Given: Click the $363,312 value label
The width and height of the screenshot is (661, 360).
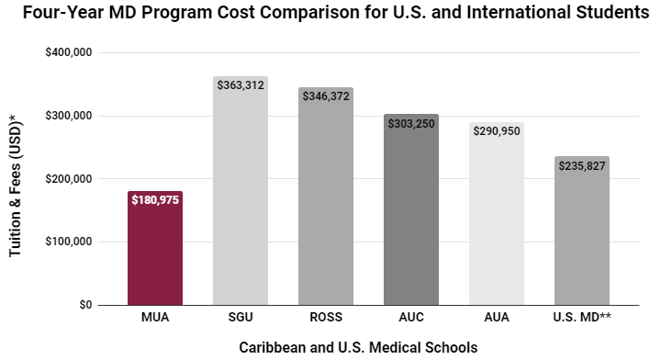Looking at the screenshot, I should pos(241,84).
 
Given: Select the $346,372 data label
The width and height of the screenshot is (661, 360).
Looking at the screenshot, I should pos(326,96).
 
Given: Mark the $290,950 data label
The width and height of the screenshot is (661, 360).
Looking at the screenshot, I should pos(496,131).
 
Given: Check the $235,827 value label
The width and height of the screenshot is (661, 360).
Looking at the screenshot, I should pos(581,166).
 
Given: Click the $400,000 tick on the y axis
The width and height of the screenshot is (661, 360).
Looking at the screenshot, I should pos(68,53).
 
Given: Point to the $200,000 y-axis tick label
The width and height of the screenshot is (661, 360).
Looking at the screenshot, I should pos(68,179).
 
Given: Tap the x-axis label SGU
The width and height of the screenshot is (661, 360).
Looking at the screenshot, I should pos(241,319).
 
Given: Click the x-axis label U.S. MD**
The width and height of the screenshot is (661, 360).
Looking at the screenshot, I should pos(581,319).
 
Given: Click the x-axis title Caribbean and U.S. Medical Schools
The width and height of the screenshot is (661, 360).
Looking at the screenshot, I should pos(358,347).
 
